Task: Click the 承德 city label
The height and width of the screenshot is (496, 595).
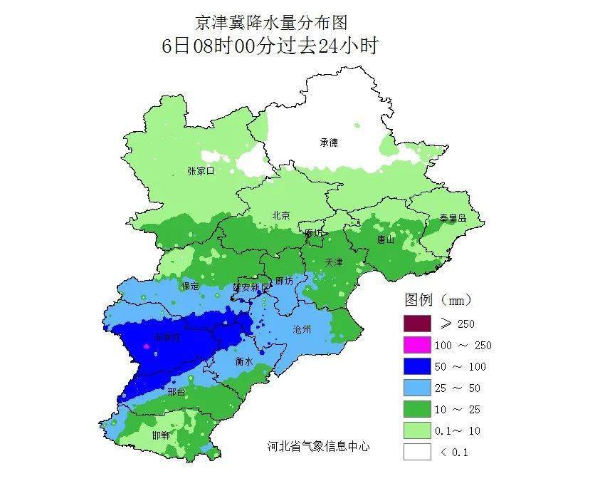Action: [328, 143]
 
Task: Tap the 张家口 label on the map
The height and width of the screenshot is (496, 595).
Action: [201, 171]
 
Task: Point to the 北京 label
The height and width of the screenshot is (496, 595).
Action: [281, 215]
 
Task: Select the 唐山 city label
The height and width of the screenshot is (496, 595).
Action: [386, 239]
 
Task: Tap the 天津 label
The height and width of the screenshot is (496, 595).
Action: [333, 262]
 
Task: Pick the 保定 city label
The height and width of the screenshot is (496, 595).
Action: [190, 286]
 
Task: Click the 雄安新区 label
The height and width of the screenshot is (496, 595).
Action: [252, 286]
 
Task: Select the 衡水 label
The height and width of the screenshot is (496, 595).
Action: [244, 362]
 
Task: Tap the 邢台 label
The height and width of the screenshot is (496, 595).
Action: [176, 393]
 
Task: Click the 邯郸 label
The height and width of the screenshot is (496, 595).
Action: [161, 435]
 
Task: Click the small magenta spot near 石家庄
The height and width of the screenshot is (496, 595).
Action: [147, 346]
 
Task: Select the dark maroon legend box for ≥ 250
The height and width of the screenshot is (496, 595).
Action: [417, 324]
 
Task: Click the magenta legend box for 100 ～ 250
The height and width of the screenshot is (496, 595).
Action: [417, 345]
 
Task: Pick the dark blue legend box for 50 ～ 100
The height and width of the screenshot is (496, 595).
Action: [417, 366]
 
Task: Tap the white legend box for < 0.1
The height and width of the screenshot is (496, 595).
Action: [417, 452]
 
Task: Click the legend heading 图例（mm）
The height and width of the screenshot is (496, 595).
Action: [438, 299]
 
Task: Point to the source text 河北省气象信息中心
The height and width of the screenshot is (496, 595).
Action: [318, 446]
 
